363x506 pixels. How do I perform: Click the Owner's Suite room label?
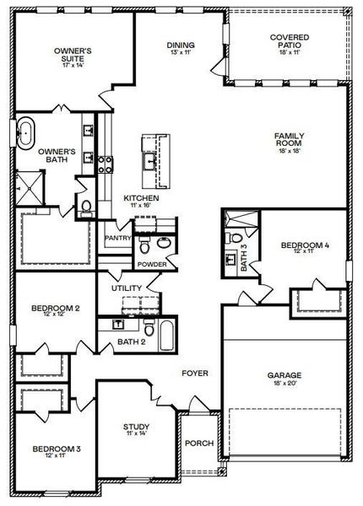pos(73,56)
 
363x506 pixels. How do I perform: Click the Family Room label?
pos(289,140)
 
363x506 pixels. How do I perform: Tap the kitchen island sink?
pos(151,159)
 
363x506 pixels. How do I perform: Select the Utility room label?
pos(127,288)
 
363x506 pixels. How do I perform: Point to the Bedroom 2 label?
pos(55,309)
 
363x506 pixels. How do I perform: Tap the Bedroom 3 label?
pos(55,449)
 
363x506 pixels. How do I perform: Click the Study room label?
pos(136,427)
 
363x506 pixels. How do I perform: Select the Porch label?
pos(199,444)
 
